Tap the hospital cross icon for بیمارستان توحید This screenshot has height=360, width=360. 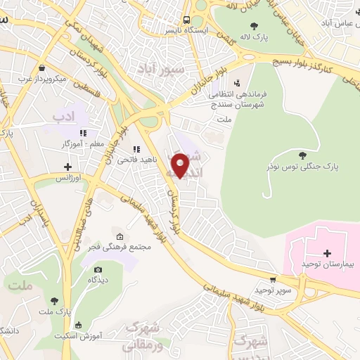(327, 252)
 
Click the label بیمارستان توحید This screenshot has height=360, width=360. (326, 263)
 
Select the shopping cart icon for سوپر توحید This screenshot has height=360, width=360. (273, 279)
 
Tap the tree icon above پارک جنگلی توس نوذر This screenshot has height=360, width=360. (302, 155)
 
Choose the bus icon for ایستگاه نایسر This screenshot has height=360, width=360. (186, 20)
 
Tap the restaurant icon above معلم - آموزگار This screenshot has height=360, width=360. (83, 132)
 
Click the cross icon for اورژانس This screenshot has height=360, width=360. (67, 167)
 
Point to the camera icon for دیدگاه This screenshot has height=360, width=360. (98, 269)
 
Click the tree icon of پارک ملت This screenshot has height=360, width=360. (55, 301)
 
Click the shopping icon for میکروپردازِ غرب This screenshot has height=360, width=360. (43, 68)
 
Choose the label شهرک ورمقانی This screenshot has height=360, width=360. (142, 336)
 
